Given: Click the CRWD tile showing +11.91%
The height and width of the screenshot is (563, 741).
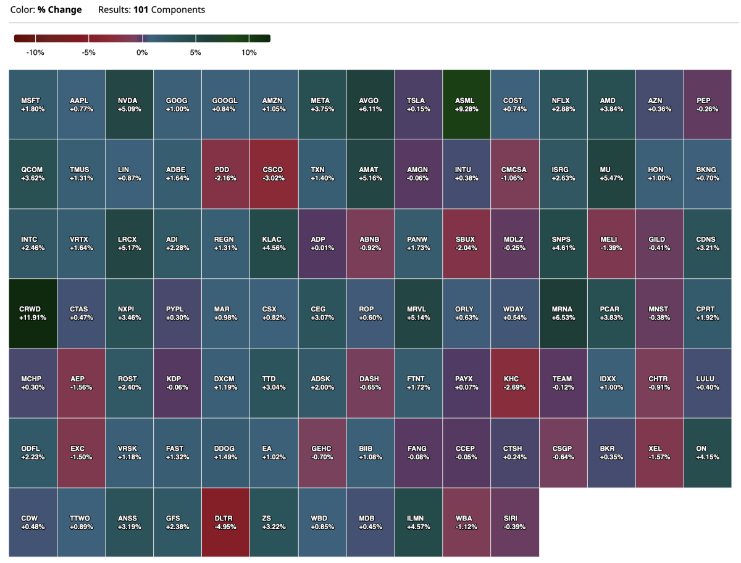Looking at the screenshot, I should (x=33, y=313).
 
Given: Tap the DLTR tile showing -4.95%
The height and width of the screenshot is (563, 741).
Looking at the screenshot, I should (x=226, y=522).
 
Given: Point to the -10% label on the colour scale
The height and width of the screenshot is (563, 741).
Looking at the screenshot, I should (x=35, y=53).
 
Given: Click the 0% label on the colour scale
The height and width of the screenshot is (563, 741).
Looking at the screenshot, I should (x=142, y=53).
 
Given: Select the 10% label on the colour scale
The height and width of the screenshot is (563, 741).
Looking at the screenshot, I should (x=249, y=53).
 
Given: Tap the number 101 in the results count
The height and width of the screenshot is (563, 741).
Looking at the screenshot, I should (x=141, y=10).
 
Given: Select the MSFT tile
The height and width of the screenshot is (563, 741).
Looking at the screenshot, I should (x=33, y=104).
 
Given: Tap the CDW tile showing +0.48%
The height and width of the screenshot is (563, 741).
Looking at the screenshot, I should (x=33, y=522).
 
